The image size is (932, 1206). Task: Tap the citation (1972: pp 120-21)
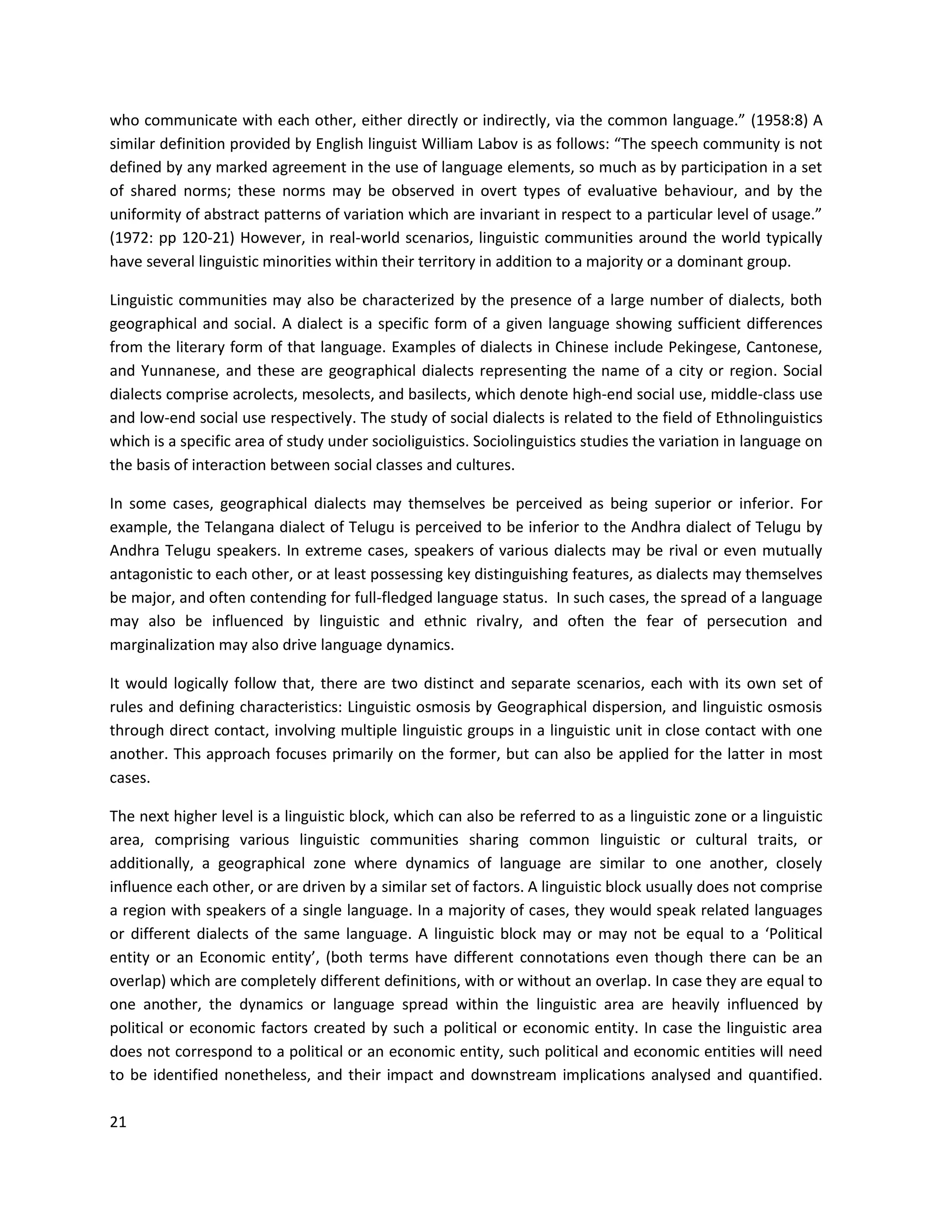pyautogui.click(x=172, y=238)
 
